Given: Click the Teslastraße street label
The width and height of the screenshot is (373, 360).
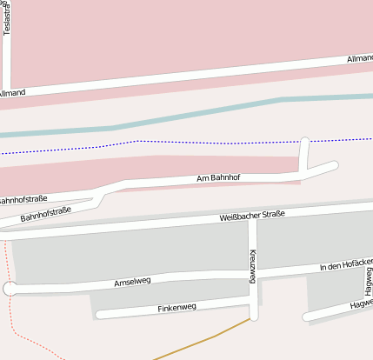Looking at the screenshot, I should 7,19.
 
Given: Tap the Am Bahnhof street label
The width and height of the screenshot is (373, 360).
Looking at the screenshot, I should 218,178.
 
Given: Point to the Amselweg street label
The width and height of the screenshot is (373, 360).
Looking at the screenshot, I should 132,283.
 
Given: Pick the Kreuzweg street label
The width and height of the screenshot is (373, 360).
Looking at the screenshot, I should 253,265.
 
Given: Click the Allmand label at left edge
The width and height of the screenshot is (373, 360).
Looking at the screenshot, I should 12,93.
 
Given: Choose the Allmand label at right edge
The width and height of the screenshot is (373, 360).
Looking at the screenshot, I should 359,58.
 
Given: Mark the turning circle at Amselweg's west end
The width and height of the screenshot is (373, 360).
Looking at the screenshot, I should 9,289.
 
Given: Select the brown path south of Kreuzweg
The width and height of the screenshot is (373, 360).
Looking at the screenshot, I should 209,337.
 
